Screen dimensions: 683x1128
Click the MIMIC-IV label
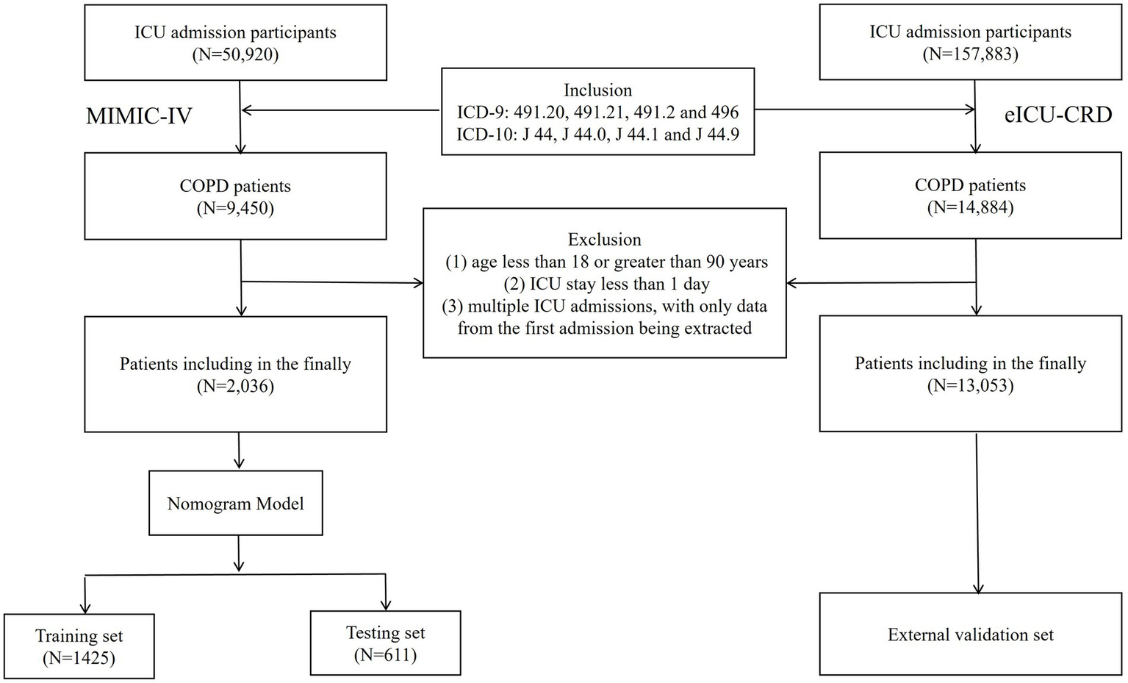139,116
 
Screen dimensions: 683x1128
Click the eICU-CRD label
1058,115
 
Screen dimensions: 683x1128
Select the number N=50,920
235,54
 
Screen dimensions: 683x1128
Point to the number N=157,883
970,54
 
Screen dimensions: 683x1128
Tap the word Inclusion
597,90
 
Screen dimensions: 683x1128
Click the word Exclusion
604,240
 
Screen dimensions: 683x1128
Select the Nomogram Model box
235,504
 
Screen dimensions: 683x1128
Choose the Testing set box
385,643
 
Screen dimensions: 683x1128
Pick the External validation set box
970,634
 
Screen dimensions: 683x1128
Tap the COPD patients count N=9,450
235,208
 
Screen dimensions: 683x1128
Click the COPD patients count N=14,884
970,207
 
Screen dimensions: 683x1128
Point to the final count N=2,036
235,386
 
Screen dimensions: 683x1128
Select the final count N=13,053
970,385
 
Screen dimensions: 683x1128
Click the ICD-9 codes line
597,112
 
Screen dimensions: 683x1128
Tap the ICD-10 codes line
597,134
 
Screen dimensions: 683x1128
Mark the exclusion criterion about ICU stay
604,284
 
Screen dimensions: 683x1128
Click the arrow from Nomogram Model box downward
238,553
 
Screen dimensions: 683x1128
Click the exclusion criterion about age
606,262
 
